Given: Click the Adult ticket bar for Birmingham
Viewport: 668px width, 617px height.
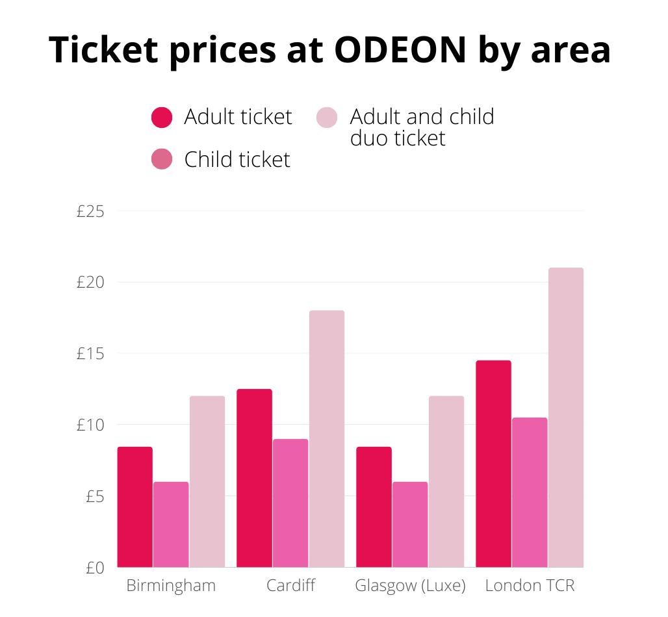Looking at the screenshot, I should tap(135, 507).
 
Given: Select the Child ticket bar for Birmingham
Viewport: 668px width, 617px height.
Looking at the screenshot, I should tap(171, 524).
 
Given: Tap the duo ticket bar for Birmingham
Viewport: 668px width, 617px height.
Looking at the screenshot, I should tap(207, 481).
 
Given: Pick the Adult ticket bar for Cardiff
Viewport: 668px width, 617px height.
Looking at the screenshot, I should tap(254, 478).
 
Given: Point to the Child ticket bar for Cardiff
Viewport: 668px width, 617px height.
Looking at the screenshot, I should tap(290, 503).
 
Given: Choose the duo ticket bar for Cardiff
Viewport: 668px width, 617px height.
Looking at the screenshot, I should tap(327, 438).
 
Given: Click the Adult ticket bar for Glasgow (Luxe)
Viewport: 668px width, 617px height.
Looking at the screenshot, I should tap(374, 507).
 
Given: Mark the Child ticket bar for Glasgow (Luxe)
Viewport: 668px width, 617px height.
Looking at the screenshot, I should tap(410, 524).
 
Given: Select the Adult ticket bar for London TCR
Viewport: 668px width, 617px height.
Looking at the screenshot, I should tap(493, 464).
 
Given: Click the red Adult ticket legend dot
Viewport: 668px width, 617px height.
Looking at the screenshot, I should tap(162, 118).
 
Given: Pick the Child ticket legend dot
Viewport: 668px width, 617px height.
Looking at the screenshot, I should tap(162, 159).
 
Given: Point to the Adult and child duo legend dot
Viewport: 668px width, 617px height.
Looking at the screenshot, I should tap(327, 118).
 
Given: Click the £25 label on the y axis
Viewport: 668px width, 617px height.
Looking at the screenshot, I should tap(90, 211).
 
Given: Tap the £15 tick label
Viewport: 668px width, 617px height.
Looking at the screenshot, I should tap(90, 354).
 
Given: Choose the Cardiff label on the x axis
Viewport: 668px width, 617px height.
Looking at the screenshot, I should tap(290, 585).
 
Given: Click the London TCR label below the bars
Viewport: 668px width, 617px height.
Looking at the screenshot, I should tap(530, 585).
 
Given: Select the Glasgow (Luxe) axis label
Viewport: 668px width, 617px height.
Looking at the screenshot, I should tap(410, 585).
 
